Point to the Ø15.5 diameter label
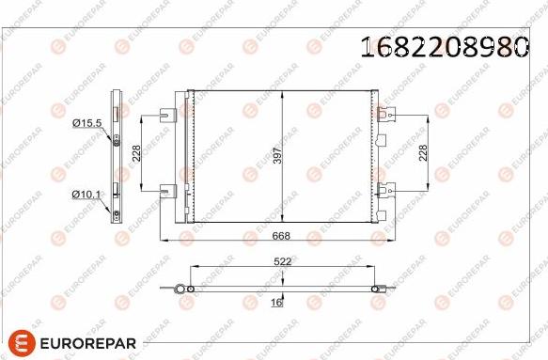pos(87,123)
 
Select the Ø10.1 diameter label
pos(86,195)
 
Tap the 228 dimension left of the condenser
pos(136,153)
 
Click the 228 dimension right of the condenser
pos(423,152)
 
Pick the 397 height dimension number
pos(277,155)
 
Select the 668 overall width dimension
pos(281,236)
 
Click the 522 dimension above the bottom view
pos(282,261)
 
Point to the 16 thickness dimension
pos(276,303)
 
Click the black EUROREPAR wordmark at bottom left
pos(88,343)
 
